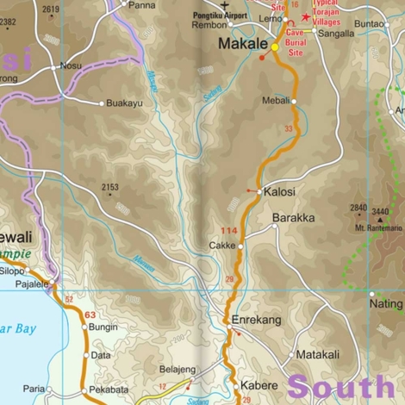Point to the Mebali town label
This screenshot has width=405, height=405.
tap(276, 101)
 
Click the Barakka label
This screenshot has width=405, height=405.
tap(293, 218)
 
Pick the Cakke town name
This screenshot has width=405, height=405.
tap(222, 246)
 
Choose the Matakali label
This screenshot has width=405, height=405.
tap(318, 354)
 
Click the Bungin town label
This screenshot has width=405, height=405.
tap(103, 327)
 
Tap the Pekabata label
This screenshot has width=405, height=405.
tap(113, 389)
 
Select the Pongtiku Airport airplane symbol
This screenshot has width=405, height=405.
tap(225, 4)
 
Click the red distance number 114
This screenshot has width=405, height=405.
tap(228, 230)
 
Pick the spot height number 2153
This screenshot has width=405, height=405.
tap(109, 187)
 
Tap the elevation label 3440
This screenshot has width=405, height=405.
tap(381, 210)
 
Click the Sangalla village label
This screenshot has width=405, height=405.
tap(336, 34)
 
